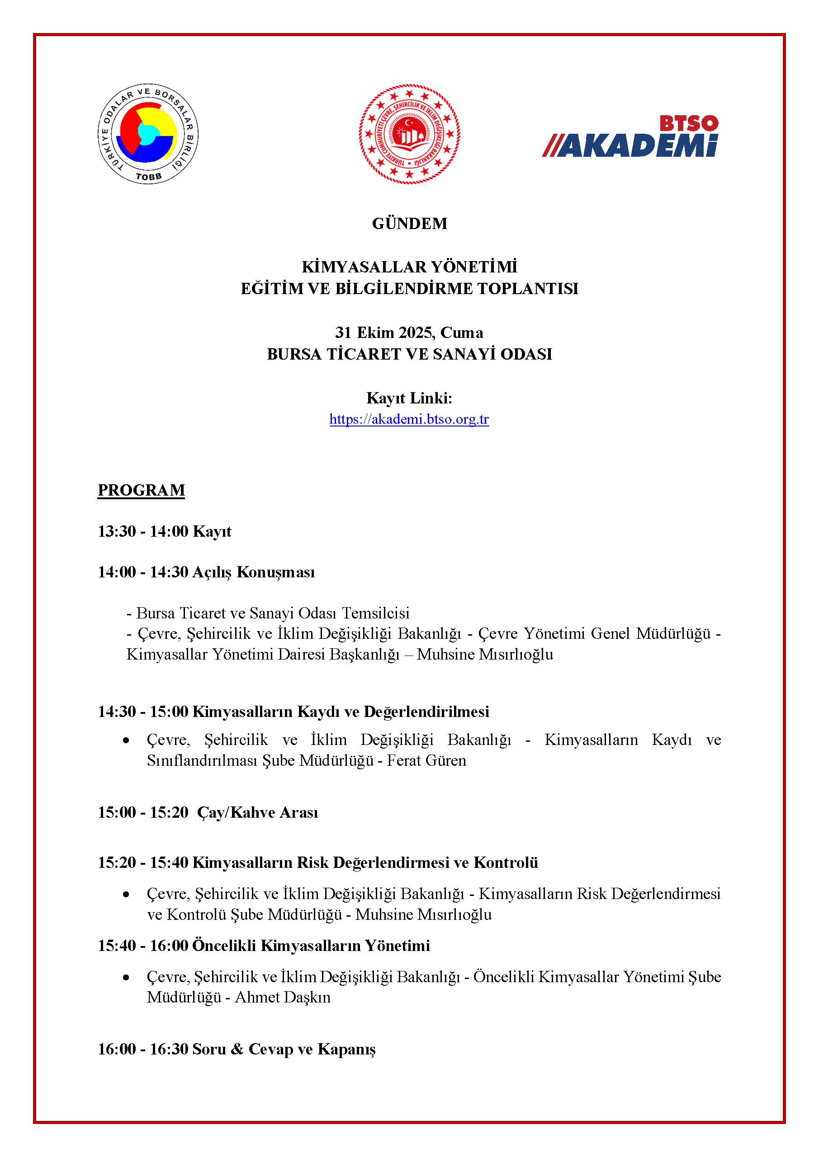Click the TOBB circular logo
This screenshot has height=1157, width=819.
point(148,134)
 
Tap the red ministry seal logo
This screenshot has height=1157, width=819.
point(409,134)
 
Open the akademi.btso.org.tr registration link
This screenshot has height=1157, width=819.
point(409,419)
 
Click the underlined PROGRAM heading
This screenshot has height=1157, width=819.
point(141,490)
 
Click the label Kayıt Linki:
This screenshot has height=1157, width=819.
point(409,398)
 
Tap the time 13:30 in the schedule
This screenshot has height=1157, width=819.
point(117,531)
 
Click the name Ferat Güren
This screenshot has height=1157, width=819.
point(426,760)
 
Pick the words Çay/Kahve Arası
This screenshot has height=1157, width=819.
point(258,812)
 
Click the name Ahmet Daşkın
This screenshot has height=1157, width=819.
point(283,997)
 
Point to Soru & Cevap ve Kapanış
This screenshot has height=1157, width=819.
point(284,1049)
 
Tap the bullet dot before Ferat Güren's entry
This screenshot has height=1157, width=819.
point(126,740)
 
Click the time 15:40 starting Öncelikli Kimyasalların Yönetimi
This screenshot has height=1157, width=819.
point(117,946)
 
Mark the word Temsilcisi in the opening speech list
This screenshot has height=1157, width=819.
point(376,613)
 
